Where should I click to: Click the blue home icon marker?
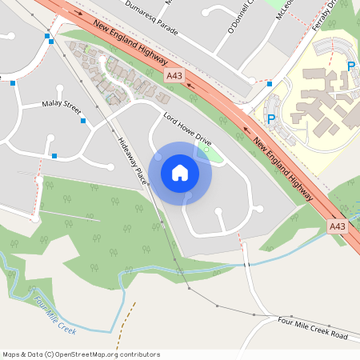180,173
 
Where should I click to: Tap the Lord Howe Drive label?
186,129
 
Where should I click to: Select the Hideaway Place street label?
131,156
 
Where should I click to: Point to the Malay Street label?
62,104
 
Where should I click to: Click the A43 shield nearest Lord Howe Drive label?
174,75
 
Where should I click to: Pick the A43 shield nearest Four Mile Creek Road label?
338,227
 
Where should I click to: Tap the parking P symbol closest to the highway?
270,119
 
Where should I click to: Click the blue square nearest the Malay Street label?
83,121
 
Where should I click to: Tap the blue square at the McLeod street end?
270,84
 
